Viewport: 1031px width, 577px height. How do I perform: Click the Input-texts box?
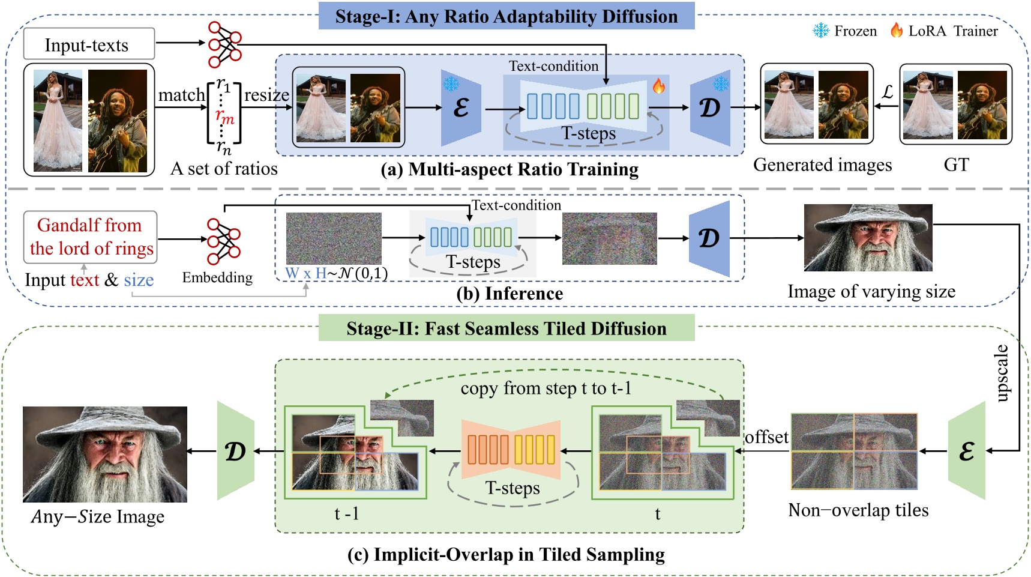coord(89,44)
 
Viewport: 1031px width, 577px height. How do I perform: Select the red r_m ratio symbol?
coord(224,115)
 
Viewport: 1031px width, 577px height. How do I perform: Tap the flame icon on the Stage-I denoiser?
coord(659,86)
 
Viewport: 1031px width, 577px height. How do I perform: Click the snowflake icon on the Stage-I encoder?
coord(451,83)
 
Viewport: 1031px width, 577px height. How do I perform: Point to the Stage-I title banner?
coord(506,16)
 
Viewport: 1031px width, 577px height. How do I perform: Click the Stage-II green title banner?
coord(506,328)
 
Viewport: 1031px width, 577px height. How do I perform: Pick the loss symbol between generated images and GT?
coord(887,92)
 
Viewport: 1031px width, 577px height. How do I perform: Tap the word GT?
coord(956,165)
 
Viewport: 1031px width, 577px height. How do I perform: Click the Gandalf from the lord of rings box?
coord(91,237)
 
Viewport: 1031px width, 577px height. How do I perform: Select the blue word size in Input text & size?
coord(139,280)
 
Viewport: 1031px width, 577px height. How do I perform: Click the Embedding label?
coord(217,277)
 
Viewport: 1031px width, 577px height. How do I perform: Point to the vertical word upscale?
coord(1002,373)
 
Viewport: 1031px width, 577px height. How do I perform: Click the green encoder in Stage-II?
coord(966,451)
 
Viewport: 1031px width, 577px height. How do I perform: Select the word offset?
coord(766,437)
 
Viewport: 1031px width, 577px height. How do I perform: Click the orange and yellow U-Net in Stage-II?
coord(511,449)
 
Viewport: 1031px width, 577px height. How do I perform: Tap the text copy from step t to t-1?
coord(546,388)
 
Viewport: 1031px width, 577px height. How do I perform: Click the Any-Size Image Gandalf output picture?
coord(105,454)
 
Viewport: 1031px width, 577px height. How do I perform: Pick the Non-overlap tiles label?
coord(858,510)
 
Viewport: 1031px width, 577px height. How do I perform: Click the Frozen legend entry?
coord(845,31)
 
